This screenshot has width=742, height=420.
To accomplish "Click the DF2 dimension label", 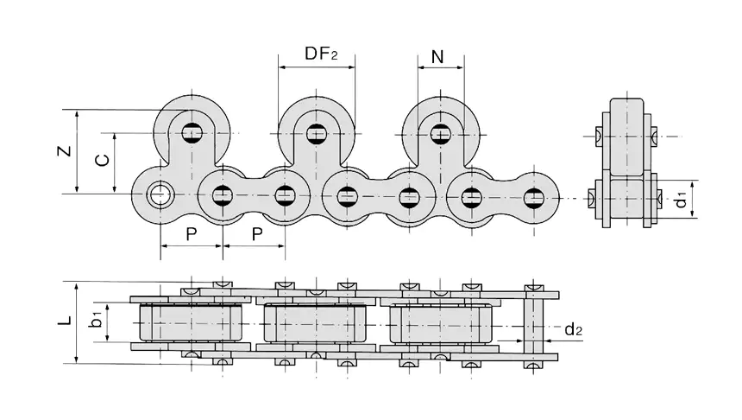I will [320, 54].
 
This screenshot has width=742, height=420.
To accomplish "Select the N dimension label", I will [437, 58].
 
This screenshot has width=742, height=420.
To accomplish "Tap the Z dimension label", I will [64, 151].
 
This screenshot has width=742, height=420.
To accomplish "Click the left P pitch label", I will [192, 234].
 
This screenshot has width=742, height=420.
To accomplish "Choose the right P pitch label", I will [255, 234].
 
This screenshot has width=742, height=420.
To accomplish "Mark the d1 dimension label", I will [681, 198].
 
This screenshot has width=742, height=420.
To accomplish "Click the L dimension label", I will [64, 321].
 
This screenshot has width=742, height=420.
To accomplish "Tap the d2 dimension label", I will [575, 329].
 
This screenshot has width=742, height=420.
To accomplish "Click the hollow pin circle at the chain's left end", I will [159, 195].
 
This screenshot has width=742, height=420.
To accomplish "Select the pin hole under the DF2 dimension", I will [316, 134].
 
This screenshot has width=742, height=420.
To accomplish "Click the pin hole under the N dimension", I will [441, 134].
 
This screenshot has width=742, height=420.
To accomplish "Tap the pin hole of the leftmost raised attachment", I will [192, 134].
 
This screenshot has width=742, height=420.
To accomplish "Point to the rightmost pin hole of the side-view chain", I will [534, 196].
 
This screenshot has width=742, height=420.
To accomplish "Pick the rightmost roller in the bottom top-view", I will [439, 323].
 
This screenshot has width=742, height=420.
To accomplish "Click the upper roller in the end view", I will [626, 135].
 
